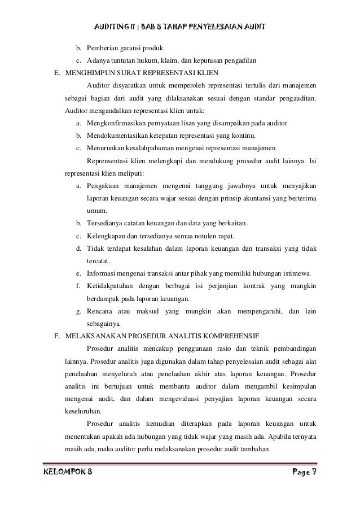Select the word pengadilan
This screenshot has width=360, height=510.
click(x=239, y=60)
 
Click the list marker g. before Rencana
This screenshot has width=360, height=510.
click(x=78, y=311)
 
